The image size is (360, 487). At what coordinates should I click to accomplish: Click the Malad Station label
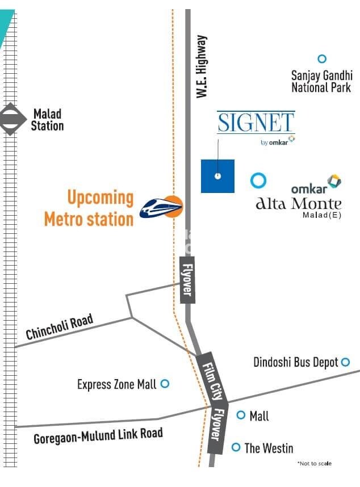(x=47, y=120)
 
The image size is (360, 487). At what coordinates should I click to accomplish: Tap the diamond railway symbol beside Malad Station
(x=10, y=119)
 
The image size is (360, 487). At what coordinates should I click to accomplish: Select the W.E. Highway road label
(x=202, y=66)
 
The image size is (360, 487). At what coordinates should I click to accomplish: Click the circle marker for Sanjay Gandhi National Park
(x=322, y=58)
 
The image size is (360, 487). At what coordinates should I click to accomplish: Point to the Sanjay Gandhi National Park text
(x=321, y=81)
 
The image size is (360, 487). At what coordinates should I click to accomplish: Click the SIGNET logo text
(x=256, y=123)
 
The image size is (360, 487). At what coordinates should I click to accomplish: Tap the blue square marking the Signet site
(x=217, y=176)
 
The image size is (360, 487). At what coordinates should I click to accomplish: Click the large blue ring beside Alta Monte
(x=258, y=180)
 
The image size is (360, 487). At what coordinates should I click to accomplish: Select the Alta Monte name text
(x=299, y=204)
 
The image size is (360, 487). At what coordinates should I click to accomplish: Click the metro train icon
(x=162, y=208)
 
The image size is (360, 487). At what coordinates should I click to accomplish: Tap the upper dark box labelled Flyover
(x=187, y=279)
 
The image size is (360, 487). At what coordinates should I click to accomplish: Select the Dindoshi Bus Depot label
(x=296, y=362)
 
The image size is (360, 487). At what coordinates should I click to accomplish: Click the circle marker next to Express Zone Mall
(x=165, y=384)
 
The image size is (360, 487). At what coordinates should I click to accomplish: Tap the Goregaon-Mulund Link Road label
(x=98, y=435)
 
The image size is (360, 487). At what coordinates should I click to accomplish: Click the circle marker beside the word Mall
(x=241, y=415)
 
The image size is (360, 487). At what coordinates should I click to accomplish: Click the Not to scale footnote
(x=315, y=464)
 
